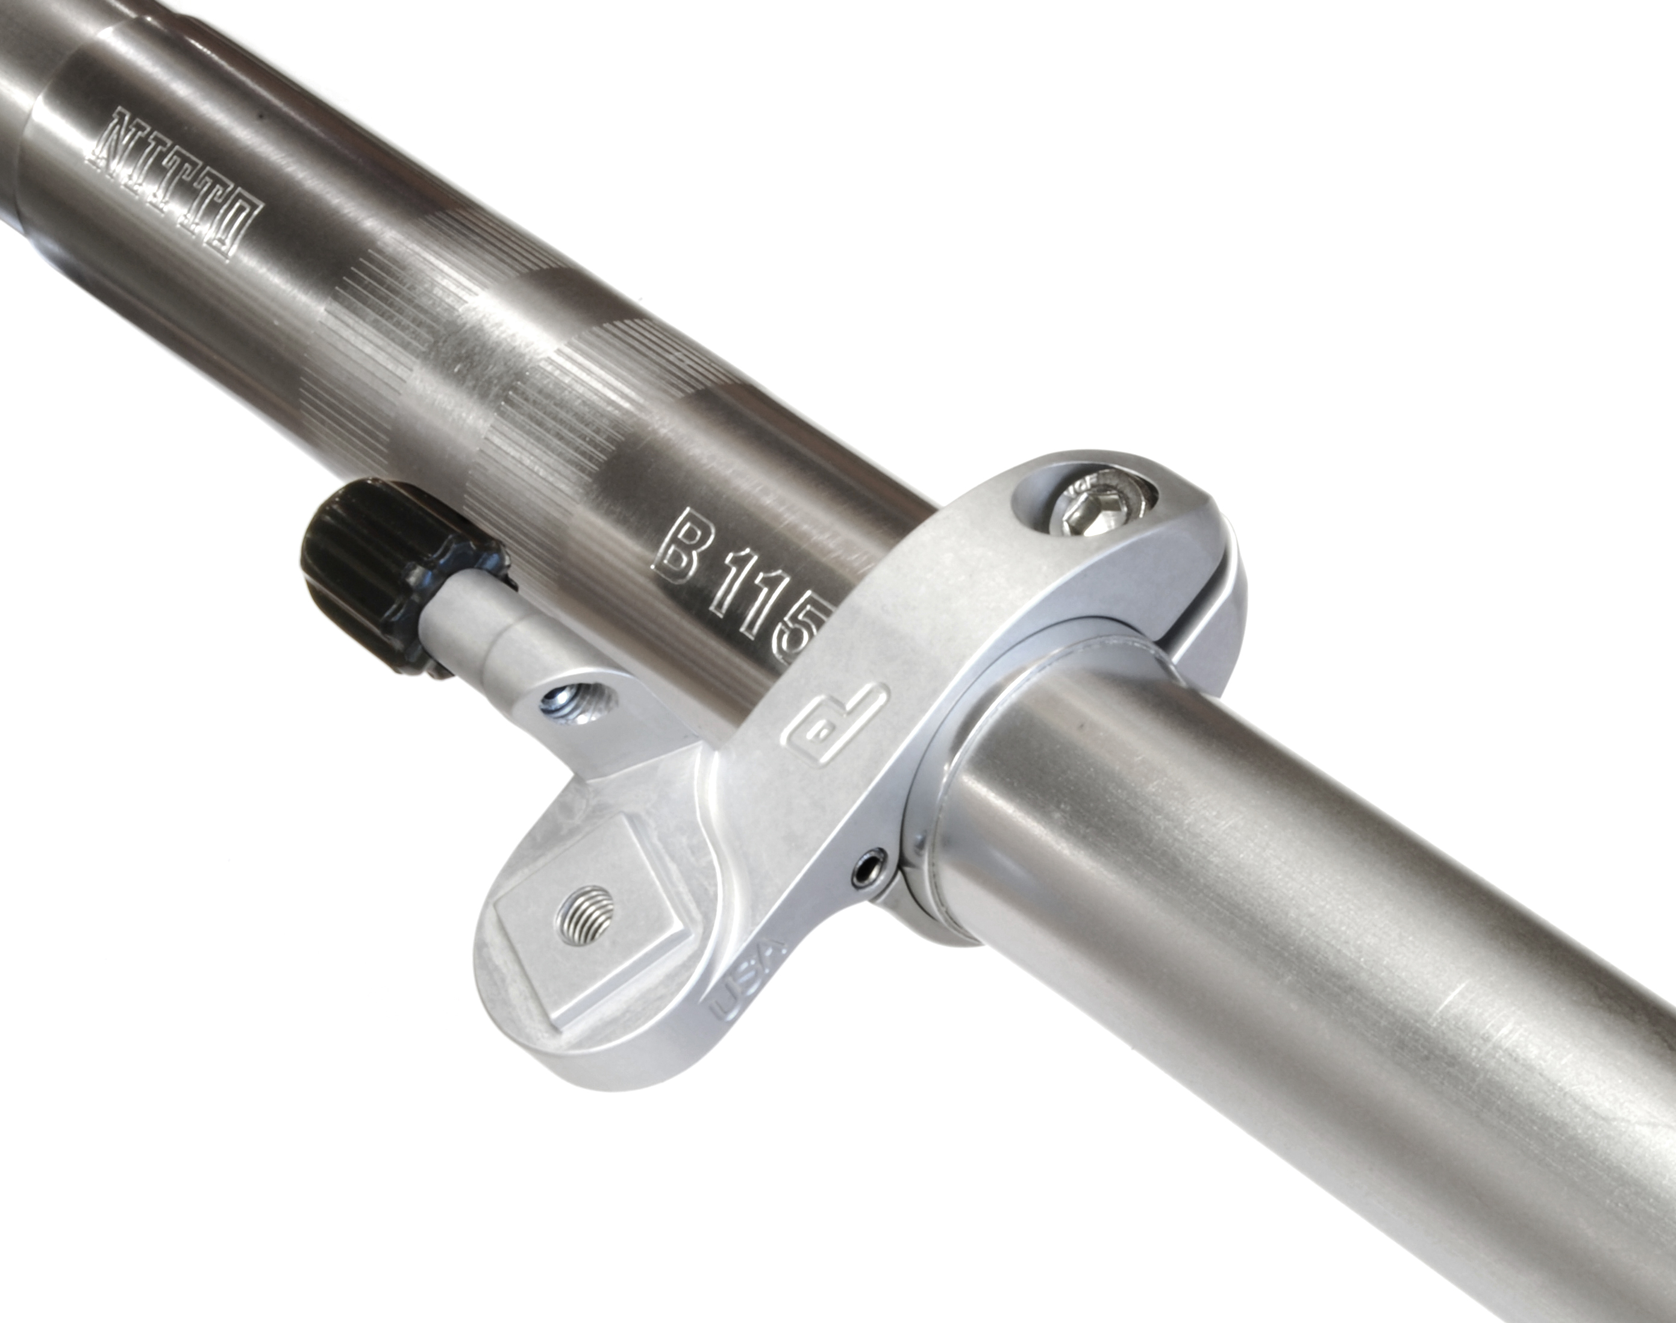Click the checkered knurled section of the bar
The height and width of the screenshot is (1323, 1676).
pos(504,349)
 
